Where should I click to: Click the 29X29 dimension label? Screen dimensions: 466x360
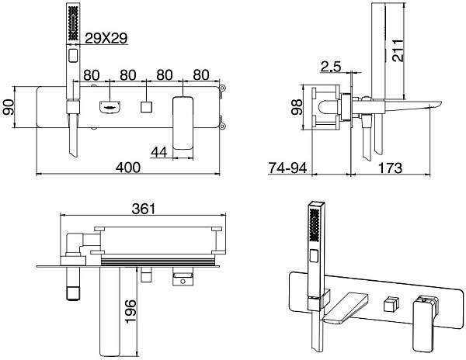[106, 38]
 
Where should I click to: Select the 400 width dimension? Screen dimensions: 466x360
[128, 168]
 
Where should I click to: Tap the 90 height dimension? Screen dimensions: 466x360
[9, 107]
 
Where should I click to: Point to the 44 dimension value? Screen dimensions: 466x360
[159, 152]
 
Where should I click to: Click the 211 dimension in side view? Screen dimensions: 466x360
[398, 50]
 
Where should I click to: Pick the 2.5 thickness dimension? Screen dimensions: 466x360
[331, 67]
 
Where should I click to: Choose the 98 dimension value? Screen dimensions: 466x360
[297, 107]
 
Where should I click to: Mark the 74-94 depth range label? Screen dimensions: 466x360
[287, 168]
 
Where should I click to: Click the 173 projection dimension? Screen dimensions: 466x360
[390, 168]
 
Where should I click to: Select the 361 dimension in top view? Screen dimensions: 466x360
[144, 209]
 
